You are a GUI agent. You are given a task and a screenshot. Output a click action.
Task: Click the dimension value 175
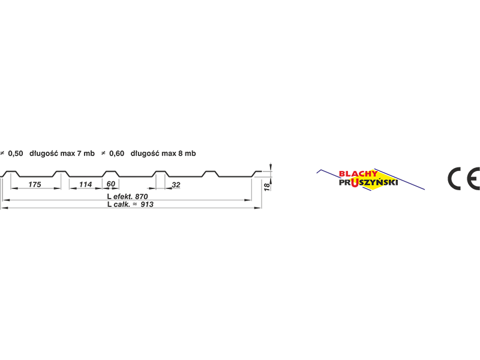coord(35,184)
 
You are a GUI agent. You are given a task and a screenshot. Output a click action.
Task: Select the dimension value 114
coord(85,184)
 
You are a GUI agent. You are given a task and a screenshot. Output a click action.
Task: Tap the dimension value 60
coord(111,184)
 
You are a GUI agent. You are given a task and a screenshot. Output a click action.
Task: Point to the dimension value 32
coord(176,185)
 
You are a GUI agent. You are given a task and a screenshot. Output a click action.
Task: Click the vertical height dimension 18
coord(267,187)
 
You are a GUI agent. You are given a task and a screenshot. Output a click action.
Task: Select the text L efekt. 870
coord(127,197)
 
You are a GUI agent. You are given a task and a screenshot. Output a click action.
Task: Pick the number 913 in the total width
coord(147,204)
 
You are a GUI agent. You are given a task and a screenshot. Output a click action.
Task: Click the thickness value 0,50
coord(16,154)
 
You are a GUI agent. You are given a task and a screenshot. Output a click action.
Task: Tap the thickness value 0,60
coord(116,154)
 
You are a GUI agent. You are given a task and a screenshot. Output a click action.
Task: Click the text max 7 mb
coord(77,154)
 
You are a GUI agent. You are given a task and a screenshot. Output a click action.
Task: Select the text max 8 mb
coord(179,154)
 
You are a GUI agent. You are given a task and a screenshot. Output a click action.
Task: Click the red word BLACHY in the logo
coord(358,174)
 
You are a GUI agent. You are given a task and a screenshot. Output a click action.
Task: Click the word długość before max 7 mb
coord(44,154)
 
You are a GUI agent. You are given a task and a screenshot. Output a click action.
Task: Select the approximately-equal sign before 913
coord(134,203)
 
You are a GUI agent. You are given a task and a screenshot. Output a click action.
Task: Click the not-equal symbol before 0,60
coord(103,153)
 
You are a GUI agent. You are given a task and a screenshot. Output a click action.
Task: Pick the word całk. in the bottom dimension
coord(122,204)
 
